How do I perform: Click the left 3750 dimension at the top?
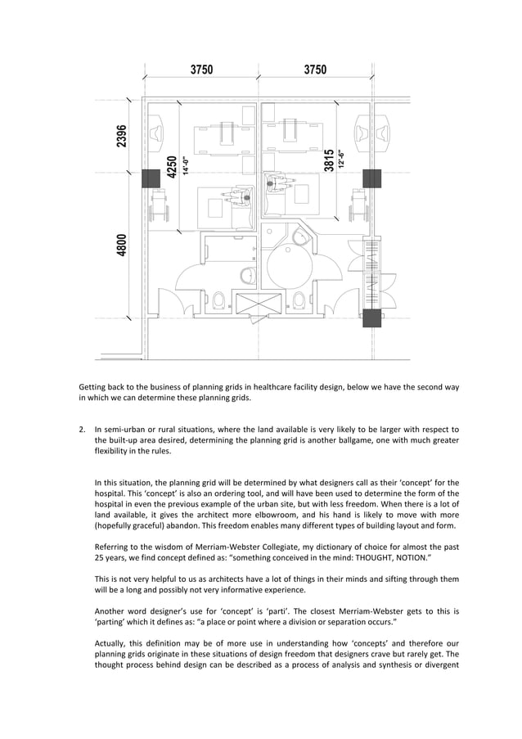coord(201,70)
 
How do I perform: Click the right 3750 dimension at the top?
coord(315,70)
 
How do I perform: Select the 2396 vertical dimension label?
coord(121,136)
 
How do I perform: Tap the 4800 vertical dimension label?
coord(121,245)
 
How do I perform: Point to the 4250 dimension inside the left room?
coord(172,167)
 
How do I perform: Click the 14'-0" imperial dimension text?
coord(186,166)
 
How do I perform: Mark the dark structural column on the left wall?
coord(151,178)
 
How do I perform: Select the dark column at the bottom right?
coord(372,318)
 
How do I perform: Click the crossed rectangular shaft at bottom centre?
coord(258,303)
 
